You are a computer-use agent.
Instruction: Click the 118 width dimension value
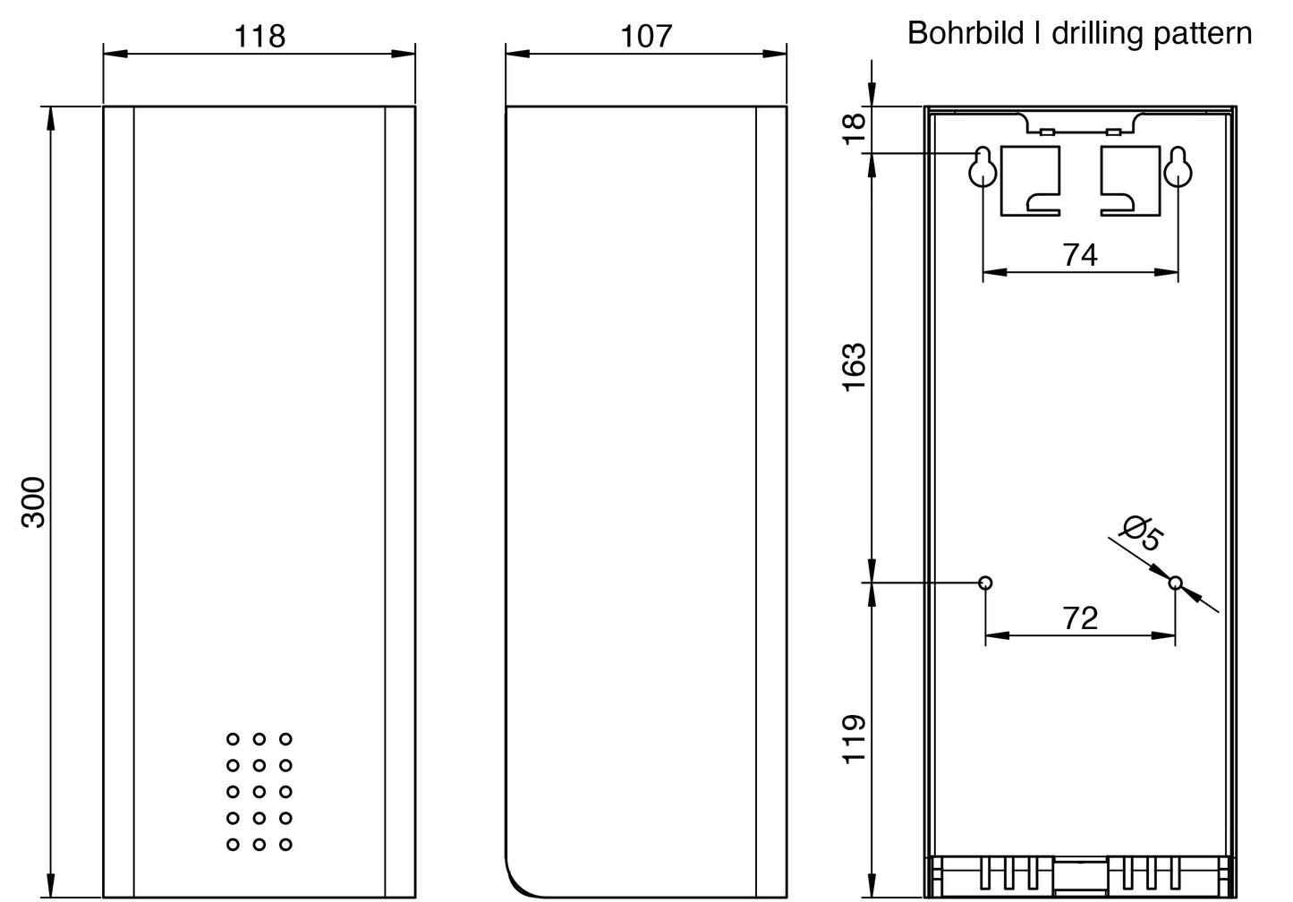pos(259,37)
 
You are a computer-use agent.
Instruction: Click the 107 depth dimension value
pos(646,37)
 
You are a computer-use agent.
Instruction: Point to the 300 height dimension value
pos(33,502)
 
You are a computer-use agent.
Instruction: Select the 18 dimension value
pos(855,129)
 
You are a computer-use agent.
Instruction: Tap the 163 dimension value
pos(855,368)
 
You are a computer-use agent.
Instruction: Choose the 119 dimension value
pos(855,740)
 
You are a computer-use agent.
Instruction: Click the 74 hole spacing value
pos(1080,255)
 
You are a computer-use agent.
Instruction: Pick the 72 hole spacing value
pos(1080,618)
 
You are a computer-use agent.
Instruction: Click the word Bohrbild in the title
pos(967,33)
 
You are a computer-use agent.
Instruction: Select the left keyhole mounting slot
pos(983,167)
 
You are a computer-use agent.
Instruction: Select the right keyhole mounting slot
pos(1178,167)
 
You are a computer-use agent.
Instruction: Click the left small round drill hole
pos(986,583)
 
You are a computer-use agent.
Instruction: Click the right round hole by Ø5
pos(1175,583)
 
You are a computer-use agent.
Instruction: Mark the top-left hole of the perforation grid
pos(234,738)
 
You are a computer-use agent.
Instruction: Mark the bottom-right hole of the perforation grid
pos(285,845)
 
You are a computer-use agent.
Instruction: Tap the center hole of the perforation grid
pos(259,791)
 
